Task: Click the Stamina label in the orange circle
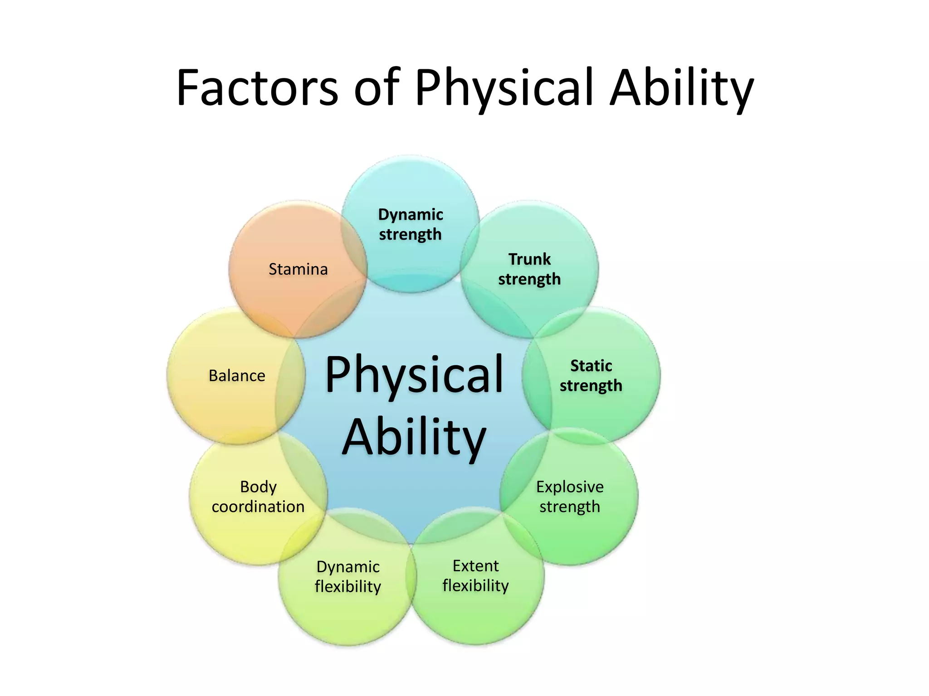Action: [x=298, y=269]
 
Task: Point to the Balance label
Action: [x=237, y=376]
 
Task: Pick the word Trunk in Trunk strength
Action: [x=529, y=259]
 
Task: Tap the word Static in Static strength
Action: [x=591, y=366]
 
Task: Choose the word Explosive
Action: [x=570, y=487]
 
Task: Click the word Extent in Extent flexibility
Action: [x=475, y=566]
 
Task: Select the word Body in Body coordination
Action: [x=258, y=487]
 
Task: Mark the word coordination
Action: [x=258, y=507]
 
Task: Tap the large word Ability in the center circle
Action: [x=414, y=437]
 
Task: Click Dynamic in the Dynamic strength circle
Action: [x=411, y=214]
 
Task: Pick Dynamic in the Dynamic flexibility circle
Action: [x=348, y=567]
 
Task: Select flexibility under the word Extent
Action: [x=475, y=585]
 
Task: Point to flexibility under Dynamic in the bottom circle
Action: [x=348, y=586]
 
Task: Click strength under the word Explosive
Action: [x=570, y=507]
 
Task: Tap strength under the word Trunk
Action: [x=529, y=279]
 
